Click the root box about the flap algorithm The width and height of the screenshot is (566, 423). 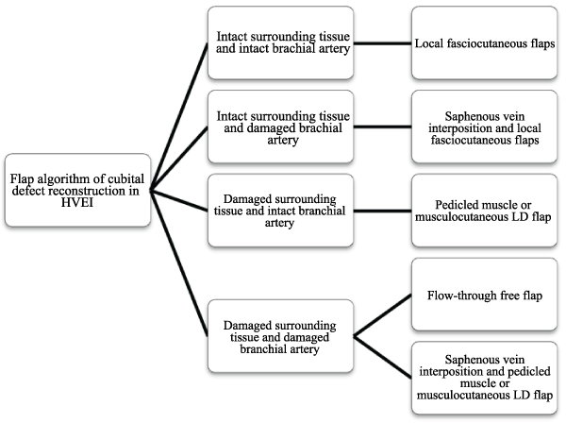(76, 190)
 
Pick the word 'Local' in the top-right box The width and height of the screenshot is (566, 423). (432, 44)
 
